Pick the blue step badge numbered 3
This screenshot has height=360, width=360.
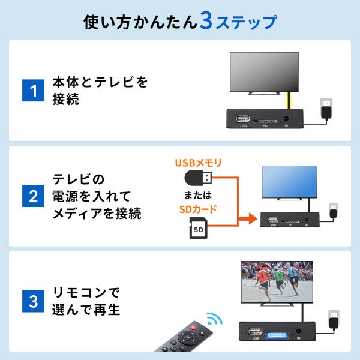(x=34, y=300)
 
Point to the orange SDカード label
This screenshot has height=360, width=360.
(x=199, y=210)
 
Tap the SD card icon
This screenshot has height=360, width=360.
(x=199, y=230)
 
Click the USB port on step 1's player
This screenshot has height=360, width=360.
(x=243, y=118)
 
